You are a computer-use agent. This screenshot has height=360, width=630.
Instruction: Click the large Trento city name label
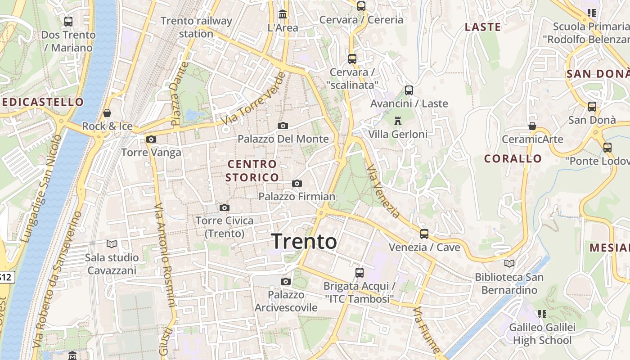[x=304, y=242]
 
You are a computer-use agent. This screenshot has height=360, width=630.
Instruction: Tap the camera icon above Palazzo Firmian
[x=297, y=183]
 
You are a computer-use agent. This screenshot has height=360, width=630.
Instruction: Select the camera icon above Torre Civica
[x=225, y=207]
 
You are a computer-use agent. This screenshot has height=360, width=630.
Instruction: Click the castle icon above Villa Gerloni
[x=397, y=121]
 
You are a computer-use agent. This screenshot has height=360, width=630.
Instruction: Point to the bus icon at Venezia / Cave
[x=424, y=234]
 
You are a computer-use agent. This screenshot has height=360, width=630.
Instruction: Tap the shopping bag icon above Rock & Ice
[x=107, y=113]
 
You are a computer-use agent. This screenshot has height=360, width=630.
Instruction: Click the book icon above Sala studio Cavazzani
[x=112, y=244]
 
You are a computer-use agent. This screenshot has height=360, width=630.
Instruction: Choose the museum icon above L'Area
[x=283, y=14]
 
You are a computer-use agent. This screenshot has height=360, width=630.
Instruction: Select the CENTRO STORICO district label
[x=252, y=171]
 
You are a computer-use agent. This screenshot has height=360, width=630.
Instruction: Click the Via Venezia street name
[x=383, y=192]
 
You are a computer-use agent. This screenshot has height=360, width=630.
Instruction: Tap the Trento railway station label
[x=196, y=27]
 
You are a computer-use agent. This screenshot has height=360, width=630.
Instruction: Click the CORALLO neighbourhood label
[x=513, y=159]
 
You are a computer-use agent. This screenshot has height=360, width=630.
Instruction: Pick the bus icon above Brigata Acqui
[x=359, y=272]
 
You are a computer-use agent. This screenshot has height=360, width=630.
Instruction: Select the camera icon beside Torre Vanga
[x=151, y=139]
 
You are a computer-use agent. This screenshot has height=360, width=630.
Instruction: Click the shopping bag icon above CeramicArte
[x=532, y=126]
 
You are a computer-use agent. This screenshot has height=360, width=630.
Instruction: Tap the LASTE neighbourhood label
[x=483, y=27]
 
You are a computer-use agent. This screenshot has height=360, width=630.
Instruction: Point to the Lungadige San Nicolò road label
[x=40, y=189]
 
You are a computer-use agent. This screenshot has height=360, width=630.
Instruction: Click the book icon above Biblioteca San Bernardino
[x=509, y=263]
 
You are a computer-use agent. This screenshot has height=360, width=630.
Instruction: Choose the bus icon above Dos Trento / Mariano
[x=68, y=21]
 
